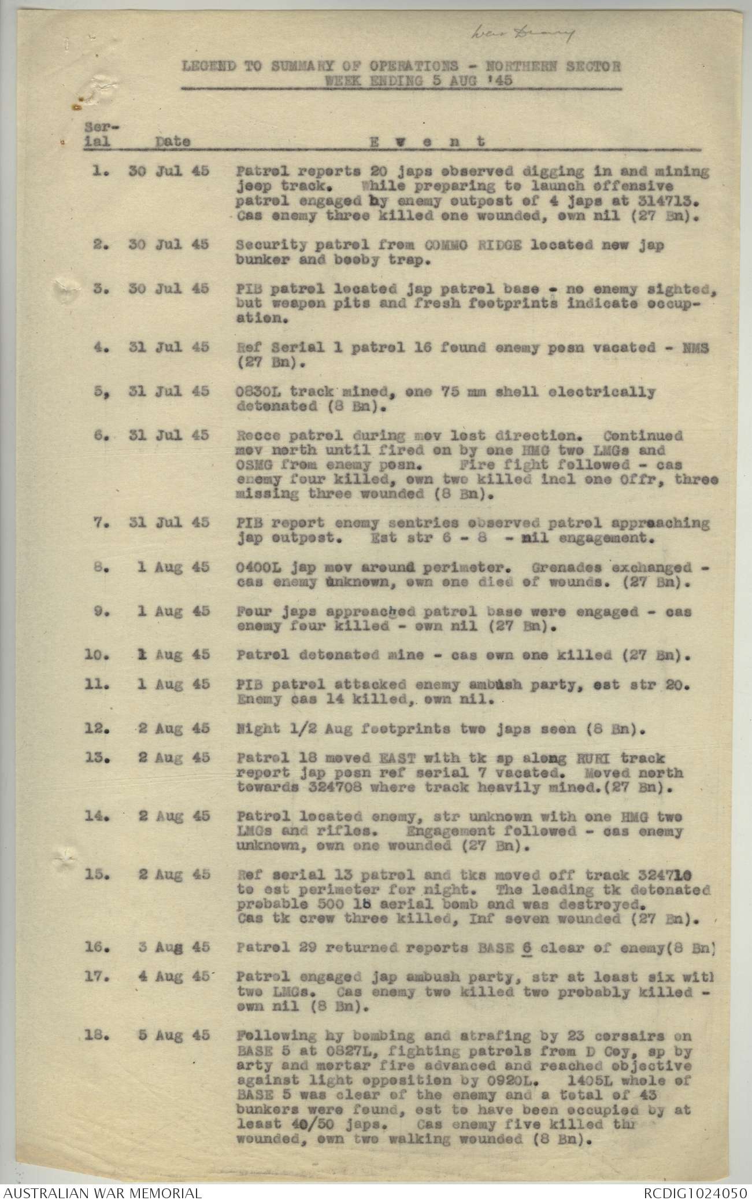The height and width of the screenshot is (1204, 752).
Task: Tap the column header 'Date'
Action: (173, 141)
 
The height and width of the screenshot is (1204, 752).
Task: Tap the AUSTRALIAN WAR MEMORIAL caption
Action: (101, 1193)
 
